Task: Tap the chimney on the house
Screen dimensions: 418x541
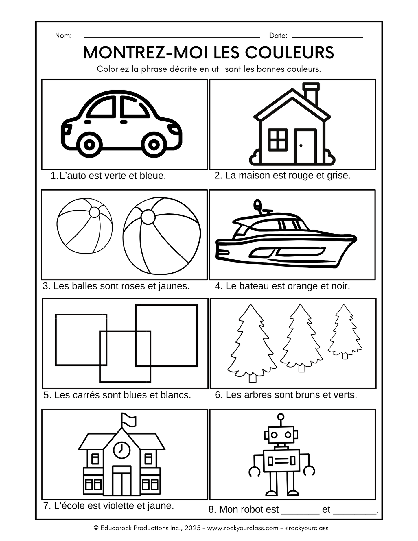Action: point(311,94)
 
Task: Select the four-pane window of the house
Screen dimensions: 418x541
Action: point(278,140)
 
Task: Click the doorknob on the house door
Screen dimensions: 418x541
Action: point(301,145)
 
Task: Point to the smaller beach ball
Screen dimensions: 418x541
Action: point(84,226)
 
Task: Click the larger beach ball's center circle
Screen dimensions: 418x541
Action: point(148,217)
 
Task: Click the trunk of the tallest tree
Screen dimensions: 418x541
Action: point(253,378)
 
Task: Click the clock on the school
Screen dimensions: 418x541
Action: point(121,450)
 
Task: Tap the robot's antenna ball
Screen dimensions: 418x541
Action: point(281,417)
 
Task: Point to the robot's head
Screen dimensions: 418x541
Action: point(281,435)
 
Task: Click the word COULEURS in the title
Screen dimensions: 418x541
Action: point(290,53)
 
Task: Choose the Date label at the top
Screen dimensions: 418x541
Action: point(278,36)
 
